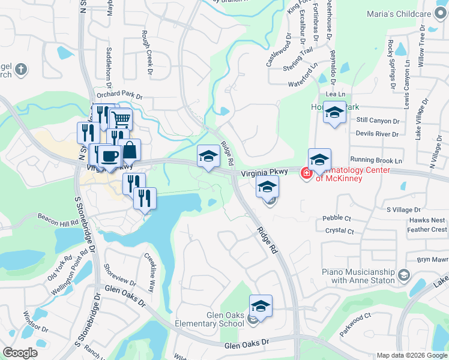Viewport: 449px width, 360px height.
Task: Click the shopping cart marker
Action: pos(121,119)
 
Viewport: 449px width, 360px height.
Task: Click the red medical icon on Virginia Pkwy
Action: pos(306,173)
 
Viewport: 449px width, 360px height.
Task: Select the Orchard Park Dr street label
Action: pos(119,96)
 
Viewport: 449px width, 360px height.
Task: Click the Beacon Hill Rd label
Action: pos(58,219)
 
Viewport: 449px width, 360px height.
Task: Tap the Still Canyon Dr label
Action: pos(378,121)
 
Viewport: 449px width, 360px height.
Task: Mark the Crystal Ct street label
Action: pos(339,231)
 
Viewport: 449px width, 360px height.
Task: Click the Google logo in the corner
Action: pos(20,353)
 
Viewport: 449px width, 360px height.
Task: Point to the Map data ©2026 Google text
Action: pos(412,355)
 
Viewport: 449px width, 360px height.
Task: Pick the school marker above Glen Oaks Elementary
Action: pos(261,306)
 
